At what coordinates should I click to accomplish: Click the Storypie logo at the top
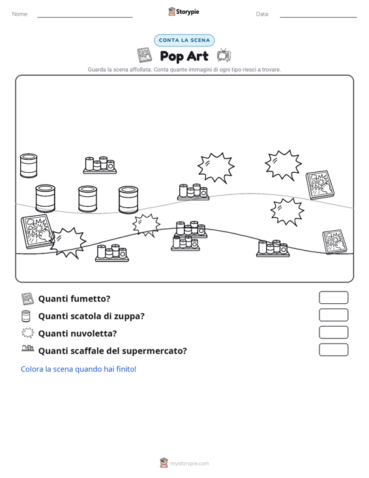click(184, 12)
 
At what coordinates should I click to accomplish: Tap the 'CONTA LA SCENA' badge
click(184, 40)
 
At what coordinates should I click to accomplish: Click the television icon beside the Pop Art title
click(224, 55)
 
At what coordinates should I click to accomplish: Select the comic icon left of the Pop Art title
click(144, 55)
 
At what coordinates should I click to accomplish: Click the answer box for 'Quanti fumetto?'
click(333, 297)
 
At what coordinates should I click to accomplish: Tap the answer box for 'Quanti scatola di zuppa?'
click(333, 315)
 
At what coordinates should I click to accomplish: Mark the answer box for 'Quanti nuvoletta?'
click(333, 333)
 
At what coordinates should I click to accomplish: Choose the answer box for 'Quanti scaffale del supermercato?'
click(333, 350)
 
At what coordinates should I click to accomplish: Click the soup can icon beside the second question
click(26, 316)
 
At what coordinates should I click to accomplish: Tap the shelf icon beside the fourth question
click(28, 348)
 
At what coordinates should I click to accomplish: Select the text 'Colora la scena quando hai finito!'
click(78, 369)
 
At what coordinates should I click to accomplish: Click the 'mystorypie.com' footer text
click(189, 464)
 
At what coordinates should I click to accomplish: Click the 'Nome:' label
click(20, 14)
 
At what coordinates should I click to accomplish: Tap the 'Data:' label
click(262, 14)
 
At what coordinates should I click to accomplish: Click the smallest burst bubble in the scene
click(146, 225)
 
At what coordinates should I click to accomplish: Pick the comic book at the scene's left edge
click(37, 231)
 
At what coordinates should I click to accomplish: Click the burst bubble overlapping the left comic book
click(68, 243)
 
